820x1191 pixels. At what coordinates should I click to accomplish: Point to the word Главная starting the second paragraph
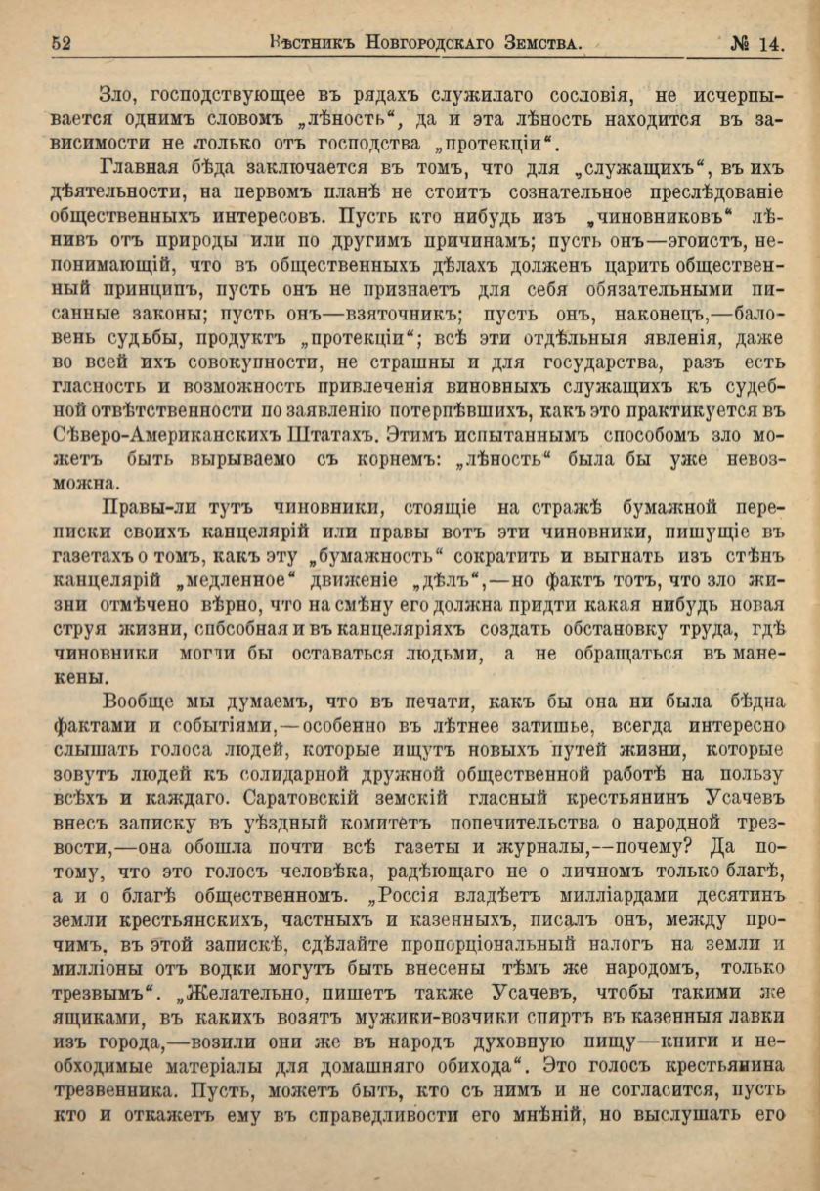click(145, 170)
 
